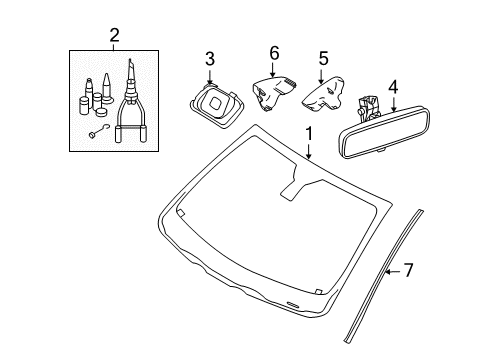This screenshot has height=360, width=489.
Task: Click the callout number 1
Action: tap(309, 134)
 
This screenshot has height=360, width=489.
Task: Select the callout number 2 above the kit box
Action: tap(114, 35)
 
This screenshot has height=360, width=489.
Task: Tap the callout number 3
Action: tap(210, 59)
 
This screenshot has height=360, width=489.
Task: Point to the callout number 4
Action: tap(393, 87)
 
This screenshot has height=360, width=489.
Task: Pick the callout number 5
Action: tap(323, 58)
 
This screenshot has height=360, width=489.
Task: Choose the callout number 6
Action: tap(274, 53)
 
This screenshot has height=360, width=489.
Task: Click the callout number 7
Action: tap(409, 270)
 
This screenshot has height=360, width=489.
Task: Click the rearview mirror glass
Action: tap(384, 132)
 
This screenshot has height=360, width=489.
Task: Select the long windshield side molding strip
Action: tap(383, 276)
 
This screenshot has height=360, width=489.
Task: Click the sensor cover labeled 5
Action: tap(323, 94)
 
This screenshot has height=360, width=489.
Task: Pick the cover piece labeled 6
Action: tap(273, 93)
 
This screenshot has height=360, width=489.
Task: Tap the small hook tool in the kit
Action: tap(99, 131)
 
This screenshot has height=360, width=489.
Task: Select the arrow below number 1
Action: tap(309, 151)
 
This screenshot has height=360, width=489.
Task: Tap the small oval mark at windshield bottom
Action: tap(293, 304)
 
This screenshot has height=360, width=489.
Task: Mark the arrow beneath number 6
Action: tap(273, 70)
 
